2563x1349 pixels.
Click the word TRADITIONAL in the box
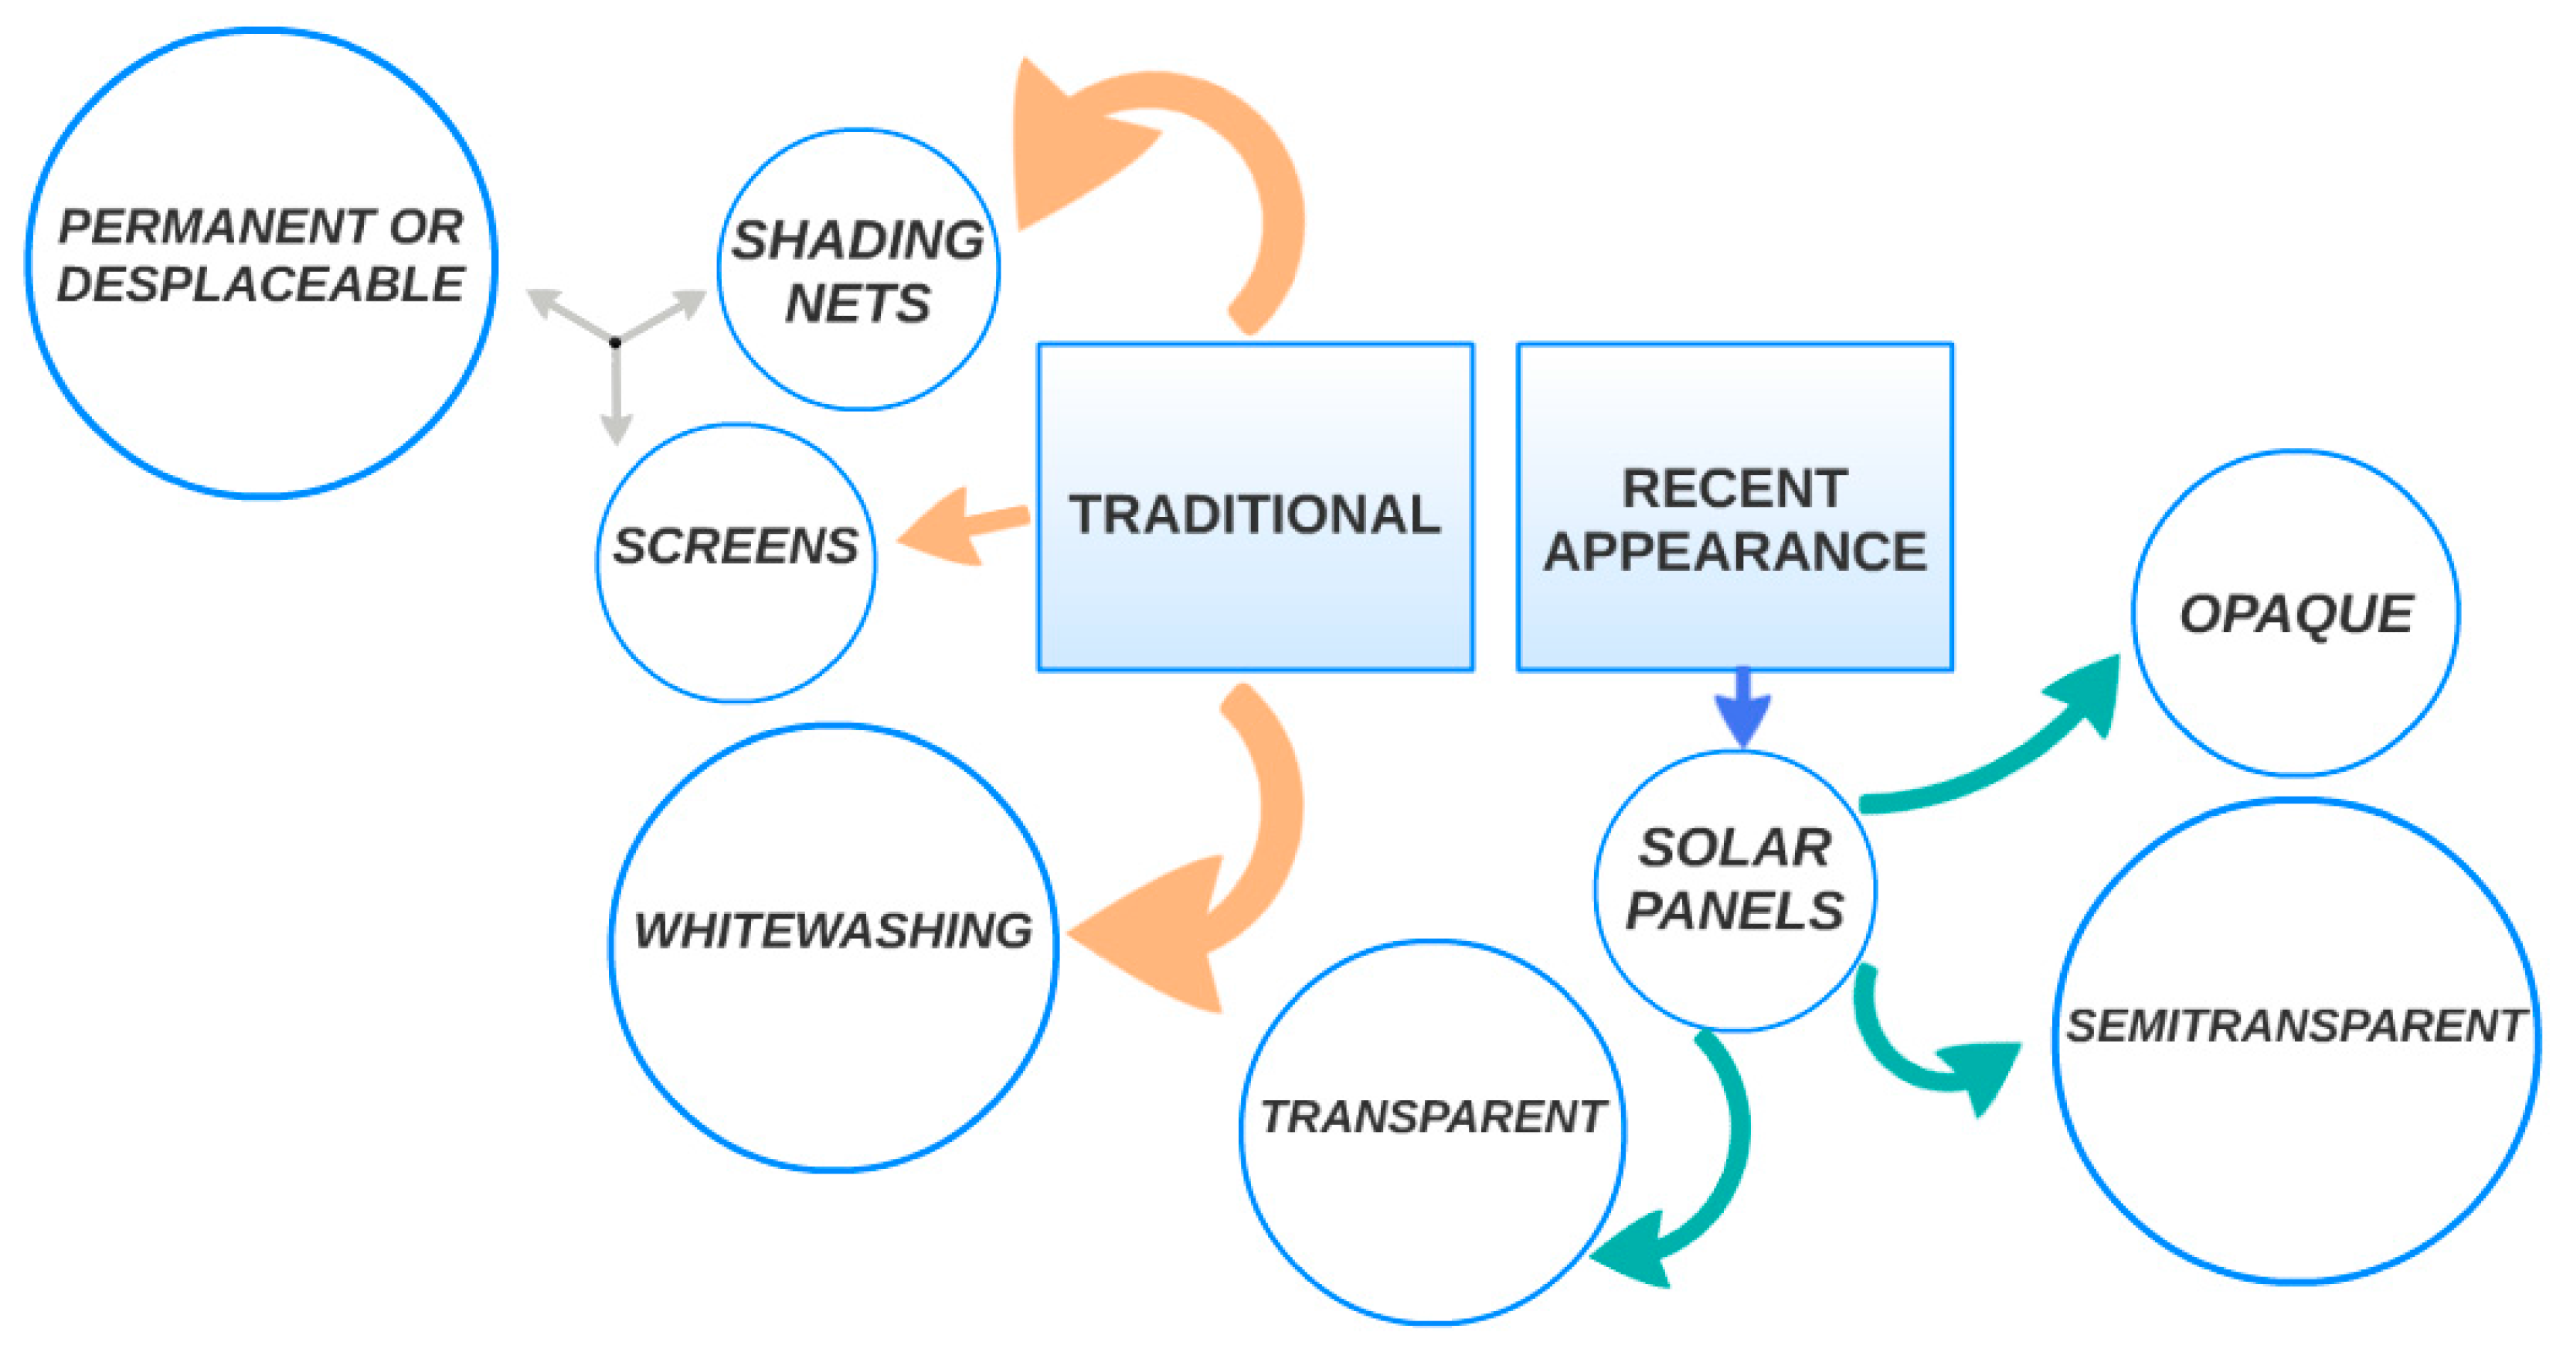[x=1255, y=515]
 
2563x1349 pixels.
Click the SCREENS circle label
[x=736, y=546]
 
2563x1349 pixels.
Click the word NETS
[x=858, y=304]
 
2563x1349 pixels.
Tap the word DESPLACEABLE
[x=260, y=284]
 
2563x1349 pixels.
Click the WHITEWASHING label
[x=834, y=931]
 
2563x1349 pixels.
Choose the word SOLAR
[x=1735, y=848]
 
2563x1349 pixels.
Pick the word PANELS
[x=1735, y=910]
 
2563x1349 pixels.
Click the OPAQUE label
[x=2296, y=613]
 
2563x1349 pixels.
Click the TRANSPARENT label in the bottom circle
[x=1433, y=1116]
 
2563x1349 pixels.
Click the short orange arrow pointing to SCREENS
[x=955, y=527]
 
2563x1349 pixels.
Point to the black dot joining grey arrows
[x=616, y=342]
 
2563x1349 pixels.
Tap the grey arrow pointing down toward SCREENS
[x=617, y=398]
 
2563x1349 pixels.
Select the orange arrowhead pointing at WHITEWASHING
[x=1144, y=935]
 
